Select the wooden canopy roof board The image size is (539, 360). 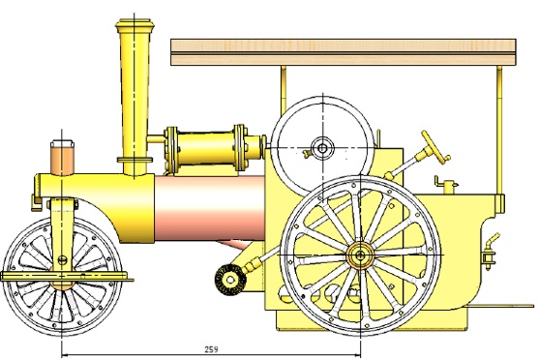(342, 50)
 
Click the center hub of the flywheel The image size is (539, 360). (319, 148)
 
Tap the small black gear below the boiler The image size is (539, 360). (228, 280)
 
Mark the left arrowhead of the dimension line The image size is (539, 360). (66, 354)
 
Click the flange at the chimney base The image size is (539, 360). (134, 161)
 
